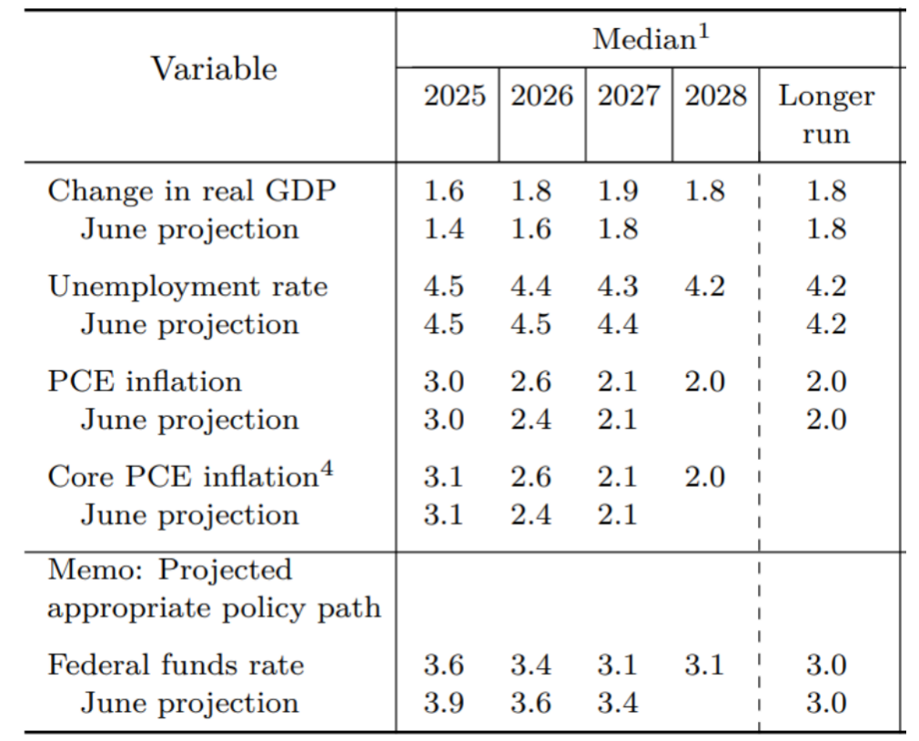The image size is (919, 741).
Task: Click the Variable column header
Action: (x=214, y=69)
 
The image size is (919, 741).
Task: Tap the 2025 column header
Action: (x=454, y=96)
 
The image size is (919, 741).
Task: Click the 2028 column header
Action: (x=715, y=96)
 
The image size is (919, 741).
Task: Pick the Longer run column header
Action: (x=826, y=115)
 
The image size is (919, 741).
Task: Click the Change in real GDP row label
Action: (x=192, y=191)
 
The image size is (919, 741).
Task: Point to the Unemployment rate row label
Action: (x=187, y=287)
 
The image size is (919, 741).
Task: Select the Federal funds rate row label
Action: (x=176, y=665)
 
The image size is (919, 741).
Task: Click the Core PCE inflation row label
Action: (x=181, y=477)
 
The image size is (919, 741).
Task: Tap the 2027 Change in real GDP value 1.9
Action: (x=618, y=191)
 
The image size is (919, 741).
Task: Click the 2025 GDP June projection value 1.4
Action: (x=443, y=229)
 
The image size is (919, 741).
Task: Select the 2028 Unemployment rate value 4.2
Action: (x=704, y=287)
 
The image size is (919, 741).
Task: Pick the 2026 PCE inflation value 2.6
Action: (x=530, y=381)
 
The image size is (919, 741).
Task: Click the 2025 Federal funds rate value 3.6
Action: (x=443, y=665)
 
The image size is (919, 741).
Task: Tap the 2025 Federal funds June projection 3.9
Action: (x=443, y=703)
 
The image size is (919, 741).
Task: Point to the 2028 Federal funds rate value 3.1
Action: (x=704, y=665)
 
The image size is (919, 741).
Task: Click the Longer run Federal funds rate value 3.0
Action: (x=826, y=665)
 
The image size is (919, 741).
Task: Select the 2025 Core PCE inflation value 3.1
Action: (x=443, y=477)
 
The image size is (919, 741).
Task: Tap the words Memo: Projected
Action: (x=170, y=571)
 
